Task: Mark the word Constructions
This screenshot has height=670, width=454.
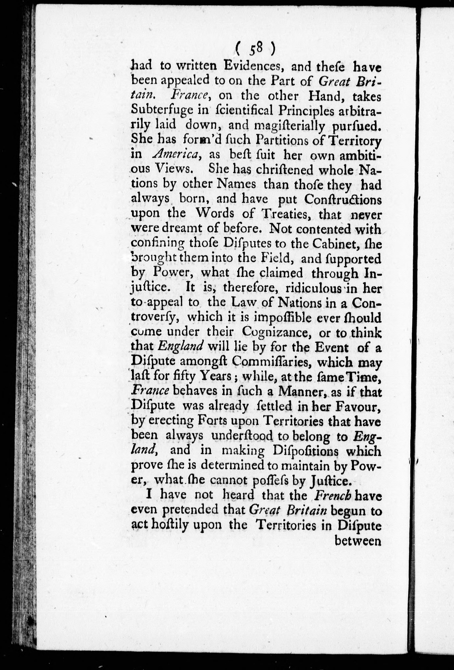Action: pyautogui.click(x=344, y=200)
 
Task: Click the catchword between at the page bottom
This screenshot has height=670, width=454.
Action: pyautogui.click(x=358, y=541)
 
